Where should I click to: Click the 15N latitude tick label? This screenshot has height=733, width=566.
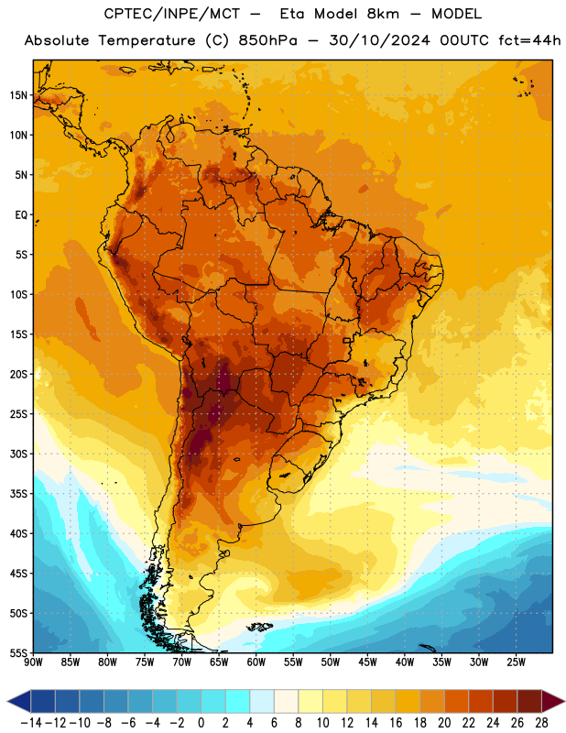click(x=18, y=95)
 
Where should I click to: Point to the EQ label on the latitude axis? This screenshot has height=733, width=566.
click(x=21, y=215)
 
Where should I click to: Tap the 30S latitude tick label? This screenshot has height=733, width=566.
click(x=18, y=454)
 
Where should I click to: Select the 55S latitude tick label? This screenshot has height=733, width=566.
click(x=18, y=653)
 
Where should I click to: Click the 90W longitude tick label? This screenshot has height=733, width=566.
click(x=33, y=662)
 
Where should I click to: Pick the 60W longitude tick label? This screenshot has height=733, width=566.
click(x=256, y=662)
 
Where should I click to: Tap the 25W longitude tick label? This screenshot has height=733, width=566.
click(x=516, y=662)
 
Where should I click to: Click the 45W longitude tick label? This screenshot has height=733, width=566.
click(x=367, y=662)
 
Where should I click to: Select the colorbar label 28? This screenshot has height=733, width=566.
click(x=541, y=723)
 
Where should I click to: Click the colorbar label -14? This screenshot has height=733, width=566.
click(x=31, y=723)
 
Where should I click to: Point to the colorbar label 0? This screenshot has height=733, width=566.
click(x=201, y=723)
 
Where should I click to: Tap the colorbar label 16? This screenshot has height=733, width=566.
click(x=396, y=723)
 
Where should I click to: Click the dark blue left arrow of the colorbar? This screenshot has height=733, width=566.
click(x=19, y=701)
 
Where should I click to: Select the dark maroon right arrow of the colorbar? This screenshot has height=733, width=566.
click(x=553, y=701)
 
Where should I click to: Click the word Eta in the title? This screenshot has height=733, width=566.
click(x=291, y=14)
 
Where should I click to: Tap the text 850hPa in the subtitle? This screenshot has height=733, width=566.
click(x=267, y=40)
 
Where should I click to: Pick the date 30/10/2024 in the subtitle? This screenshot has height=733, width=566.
click(x=379, y=40)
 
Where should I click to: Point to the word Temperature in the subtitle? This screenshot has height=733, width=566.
click(x=147, y=41)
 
